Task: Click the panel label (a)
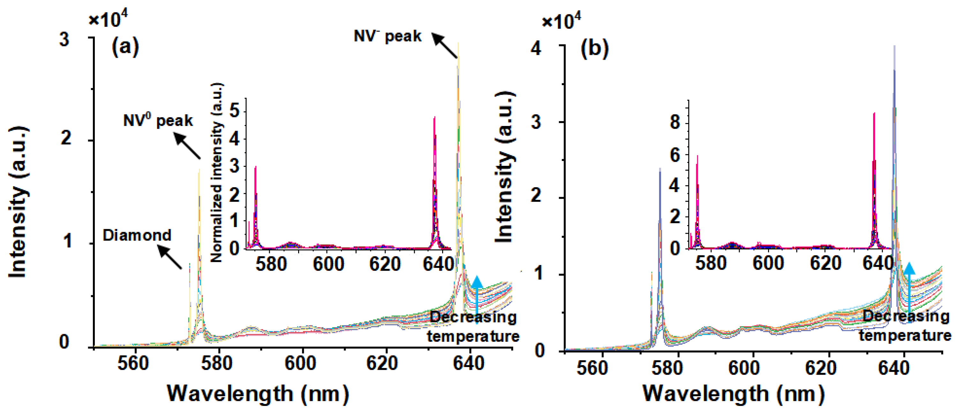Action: (125, 47)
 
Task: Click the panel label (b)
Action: (594, 48)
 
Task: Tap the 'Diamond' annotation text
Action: (137, 235)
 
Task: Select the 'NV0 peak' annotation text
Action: (158, 120)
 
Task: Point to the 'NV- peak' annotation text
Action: (388, 36)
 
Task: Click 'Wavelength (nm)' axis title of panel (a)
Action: (258, 394)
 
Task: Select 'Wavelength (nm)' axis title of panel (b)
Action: (733, 394)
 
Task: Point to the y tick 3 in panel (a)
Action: (64, 39)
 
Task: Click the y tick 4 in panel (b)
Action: (536, 48)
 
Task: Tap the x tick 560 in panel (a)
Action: (133, 363)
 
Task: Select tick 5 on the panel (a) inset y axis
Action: (235, 111)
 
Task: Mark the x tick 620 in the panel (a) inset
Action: (385, 264)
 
